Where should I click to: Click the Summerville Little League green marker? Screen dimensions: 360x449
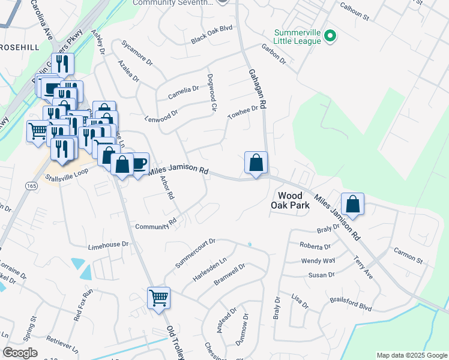point(330,37)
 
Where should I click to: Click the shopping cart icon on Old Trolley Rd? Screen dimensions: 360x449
point(158,296)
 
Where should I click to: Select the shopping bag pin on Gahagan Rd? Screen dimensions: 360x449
point(256,162)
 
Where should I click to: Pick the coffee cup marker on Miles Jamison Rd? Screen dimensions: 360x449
point(139,163)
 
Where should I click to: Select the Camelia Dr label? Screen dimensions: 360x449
point(183,92)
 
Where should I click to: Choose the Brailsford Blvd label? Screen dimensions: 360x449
point(351,302)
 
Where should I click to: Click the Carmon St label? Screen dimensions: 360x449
point(408,256)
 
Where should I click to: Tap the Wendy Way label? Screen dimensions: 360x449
point(318,261)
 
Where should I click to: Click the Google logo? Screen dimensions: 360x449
point(20,353)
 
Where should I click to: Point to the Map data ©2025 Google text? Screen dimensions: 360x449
point(411,355)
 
